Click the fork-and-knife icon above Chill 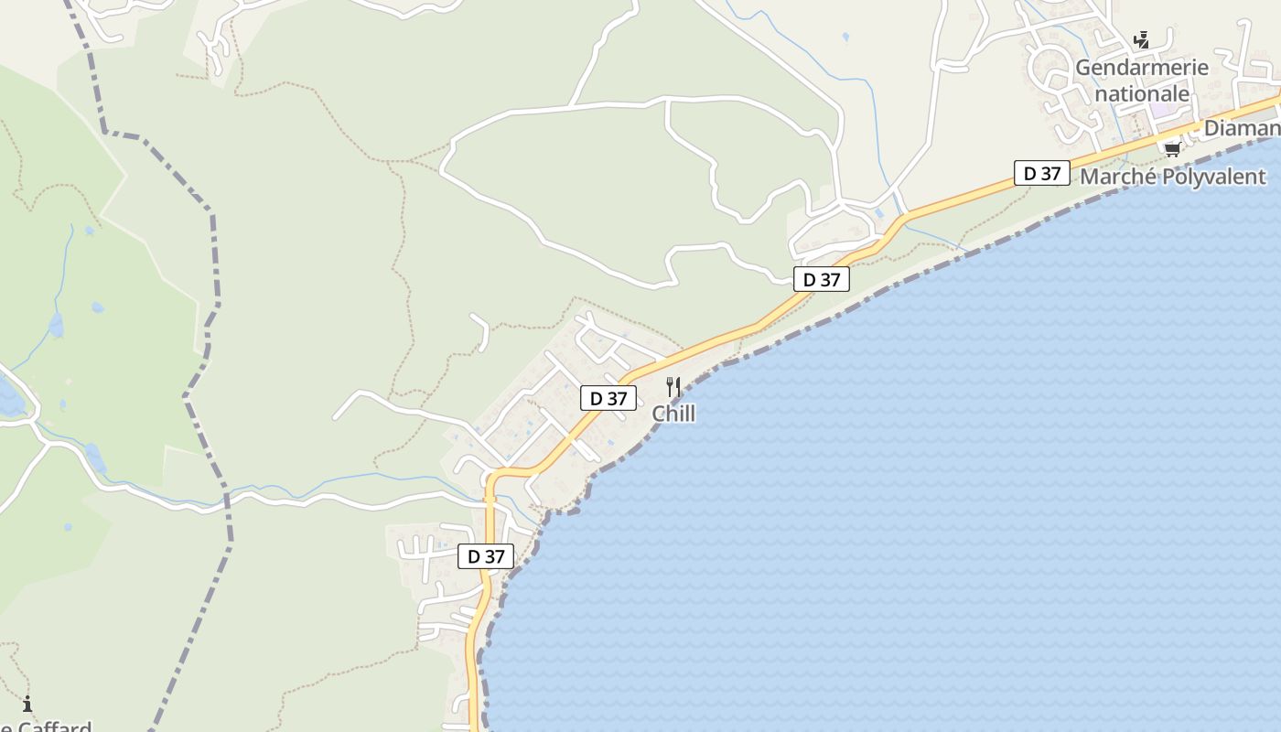[x=673, y=387]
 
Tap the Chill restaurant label [x=673, y=414]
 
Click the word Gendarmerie [x=1141, y=68]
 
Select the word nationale [x=1142, y=93]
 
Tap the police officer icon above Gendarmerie [x=1141, y=40]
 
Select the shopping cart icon [x=1172, y=149]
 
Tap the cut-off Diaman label [x=1241, y=128]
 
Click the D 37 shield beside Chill [x=608, y=398]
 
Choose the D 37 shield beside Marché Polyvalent [x=1041, y=173]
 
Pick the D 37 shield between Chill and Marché [x=821, y=279]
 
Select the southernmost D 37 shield [x=486, y=556]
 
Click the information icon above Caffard [x=27, y=705]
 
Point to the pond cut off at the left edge [x=9, y=396]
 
